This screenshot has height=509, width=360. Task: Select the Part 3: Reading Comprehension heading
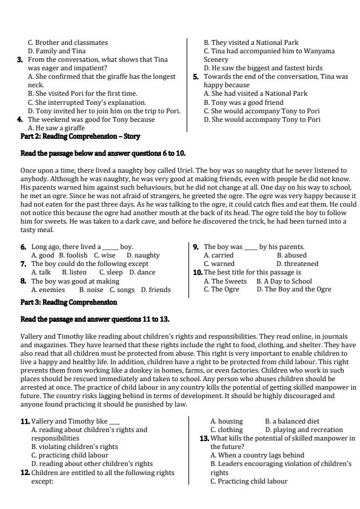tap(68, 302)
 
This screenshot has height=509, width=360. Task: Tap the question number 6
tap(24, 247)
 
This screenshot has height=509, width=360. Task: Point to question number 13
tap(204, 437)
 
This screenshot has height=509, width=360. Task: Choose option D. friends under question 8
tap(156, 290)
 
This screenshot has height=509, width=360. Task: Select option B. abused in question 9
tap(292, 256)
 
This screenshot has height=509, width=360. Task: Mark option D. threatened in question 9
tap(297, 264)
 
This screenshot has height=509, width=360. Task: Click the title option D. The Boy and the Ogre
tap(294, 290)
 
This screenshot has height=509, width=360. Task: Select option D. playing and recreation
tap(295, 430)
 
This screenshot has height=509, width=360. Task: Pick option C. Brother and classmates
tap(68, 43)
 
